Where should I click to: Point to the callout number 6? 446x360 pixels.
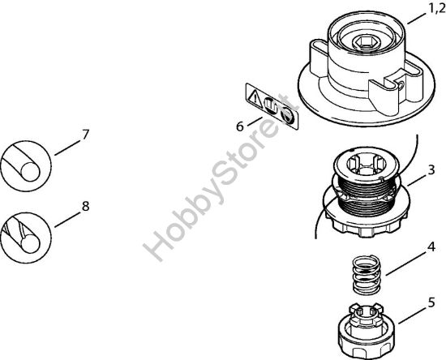point(240,126)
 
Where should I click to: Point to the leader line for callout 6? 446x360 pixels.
point(251,120)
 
